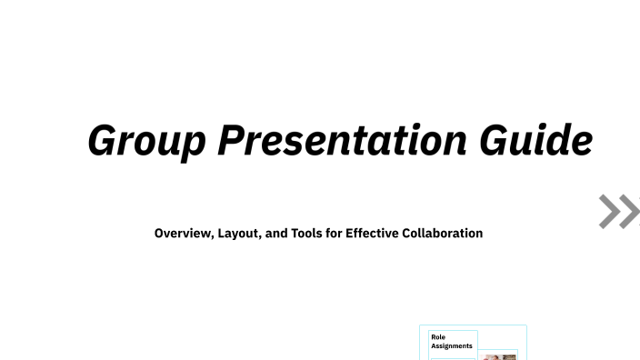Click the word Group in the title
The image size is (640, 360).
point(147,141)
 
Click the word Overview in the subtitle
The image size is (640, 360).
point(184,234)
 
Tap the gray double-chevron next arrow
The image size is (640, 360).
point(619,212)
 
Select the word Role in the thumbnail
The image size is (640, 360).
point(438,337)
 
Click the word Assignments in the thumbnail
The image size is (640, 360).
point(452,346)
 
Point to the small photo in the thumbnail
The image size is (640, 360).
point(499,356)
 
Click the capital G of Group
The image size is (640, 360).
point(103,141)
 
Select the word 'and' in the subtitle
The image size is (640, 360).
point(275,234)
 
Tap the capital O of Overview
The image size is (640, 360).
point(159,234)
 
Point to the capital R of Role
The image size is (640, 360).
point(433,337)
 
